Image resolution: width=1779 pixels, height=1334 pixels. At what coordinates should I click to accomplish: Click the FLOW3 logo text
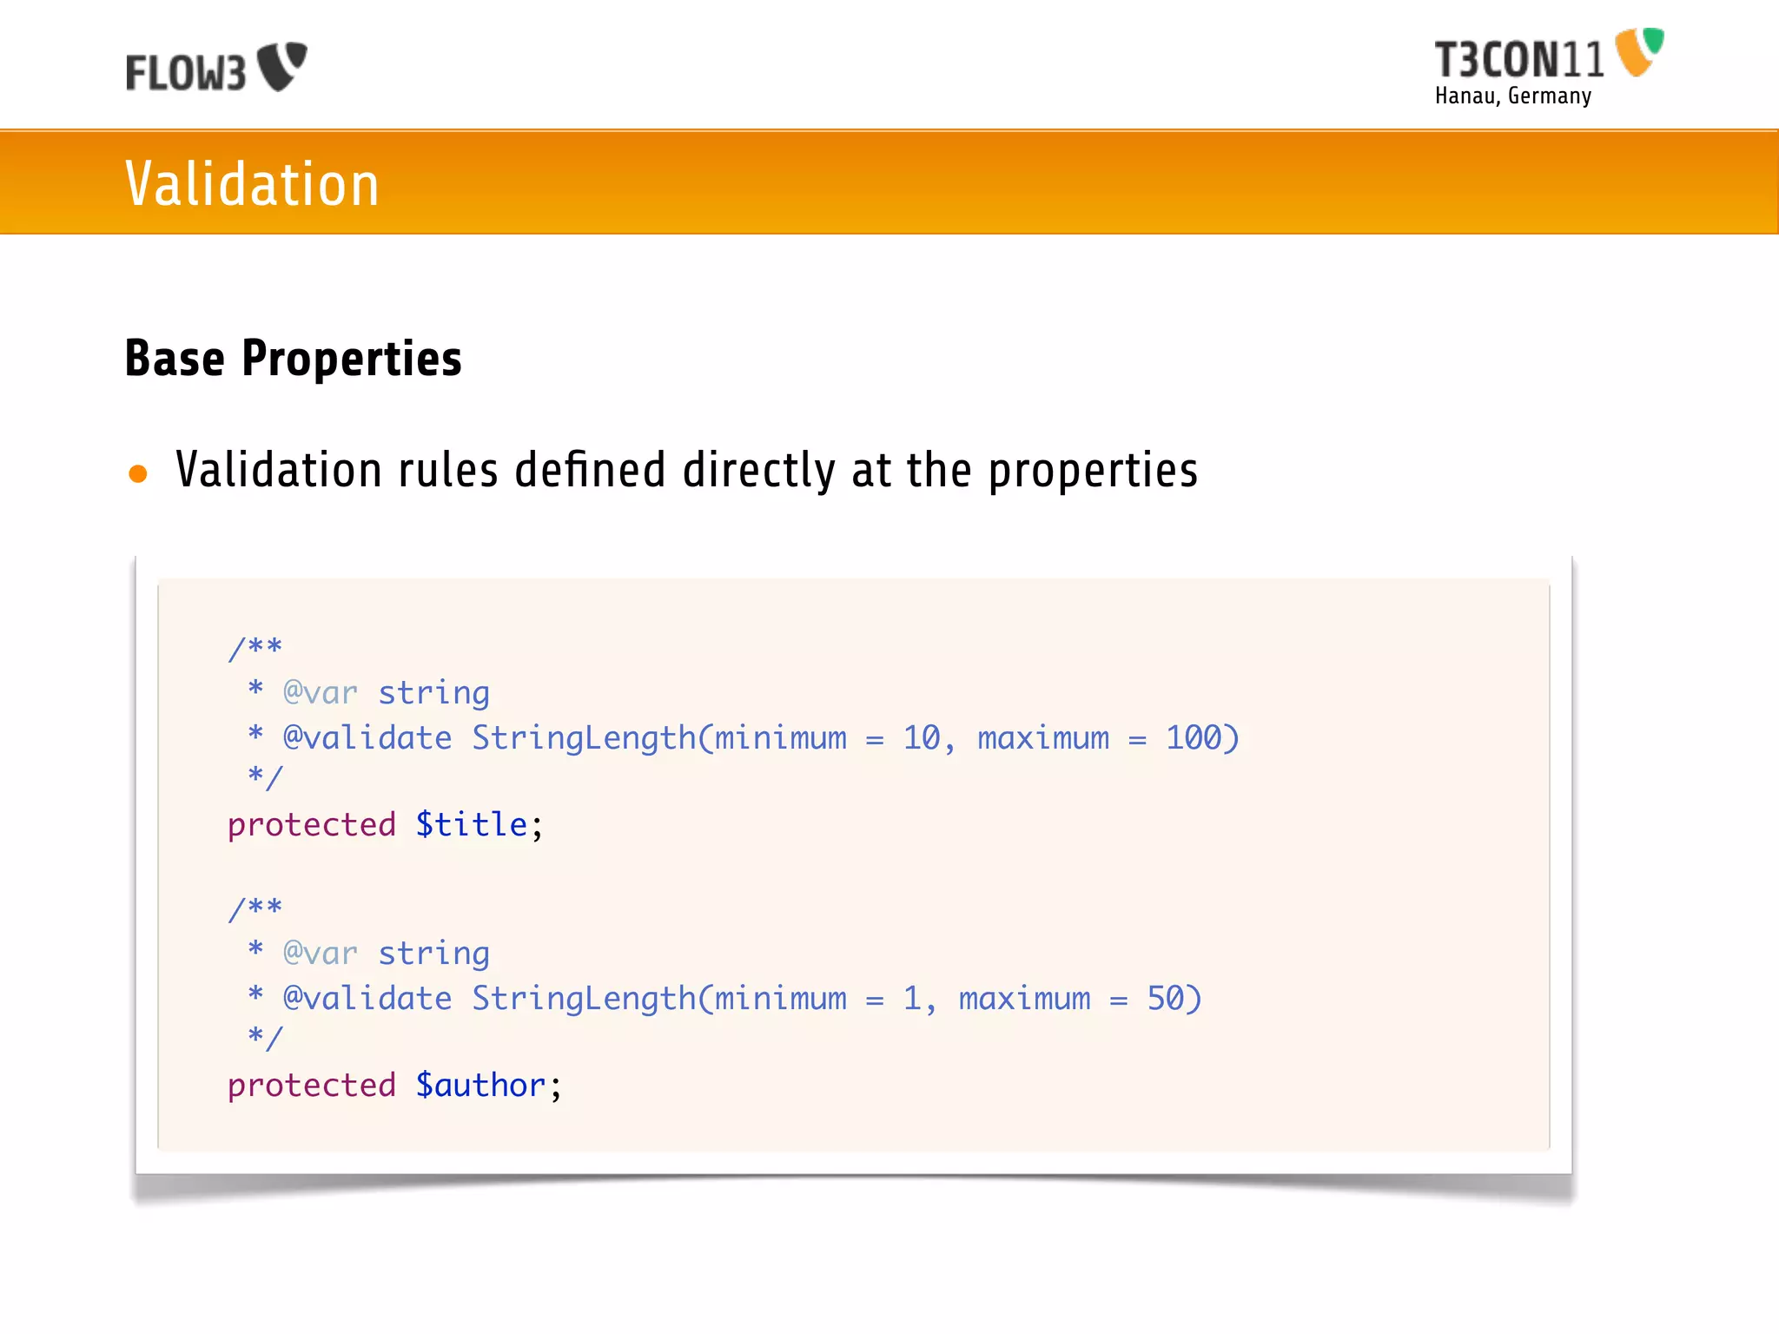tap(186, 73)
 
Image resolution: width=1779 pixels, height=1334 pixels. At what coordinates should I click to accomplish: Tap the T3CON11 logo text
tap(1518, 61)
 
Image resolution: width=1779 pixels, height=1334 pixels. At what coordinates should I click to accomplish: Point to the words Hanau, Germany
tap(1513, 96)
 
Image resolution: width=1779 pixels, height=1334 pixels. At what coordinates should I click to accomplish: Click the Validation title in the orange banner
tap(252, 184)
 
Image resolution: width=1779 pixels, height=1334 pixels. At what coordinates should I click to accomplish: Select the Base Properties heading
tap(293, 358)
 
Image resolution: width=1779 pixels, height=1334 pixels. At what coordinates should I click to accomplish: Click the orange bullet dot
tap(138, 473)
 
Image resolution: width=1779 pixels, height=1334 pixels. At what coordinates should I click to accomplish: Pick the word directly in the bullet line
tap(758, 471)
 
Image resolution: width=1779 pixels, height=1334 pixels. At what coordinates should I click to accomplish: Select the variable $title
tap(472, 825)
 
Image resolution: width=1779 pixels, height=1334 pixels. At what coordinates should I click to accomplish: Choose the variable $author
tap(480, 1086)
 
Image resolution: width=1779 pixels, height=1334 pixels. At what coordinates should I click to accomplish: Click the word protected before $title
tap(312, 825)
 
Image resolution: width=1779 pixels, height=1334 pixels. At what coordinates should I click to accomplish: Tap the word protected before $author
tap(312, 1086)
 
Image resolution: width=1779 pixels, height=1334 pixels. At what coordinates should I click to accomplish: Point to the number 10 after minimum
tap(922, 738)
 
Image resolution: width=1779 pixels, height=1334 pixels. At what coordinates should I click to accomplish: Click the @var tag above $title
tap(321, 693)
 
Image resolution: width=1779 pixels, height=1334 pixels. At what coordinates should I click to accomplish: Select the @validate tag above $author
tap(367, 999)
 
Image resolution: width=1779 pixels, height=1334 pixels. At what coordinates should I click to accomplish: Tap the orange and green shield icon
tap(1639, 52)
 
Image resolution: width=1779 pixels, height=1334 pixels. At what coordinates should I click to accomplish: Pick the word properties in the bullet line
tap(1093, 471)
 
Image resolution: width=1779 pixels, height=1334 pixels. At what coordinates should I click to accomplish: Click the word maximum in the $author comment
tap(1024, 999)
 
